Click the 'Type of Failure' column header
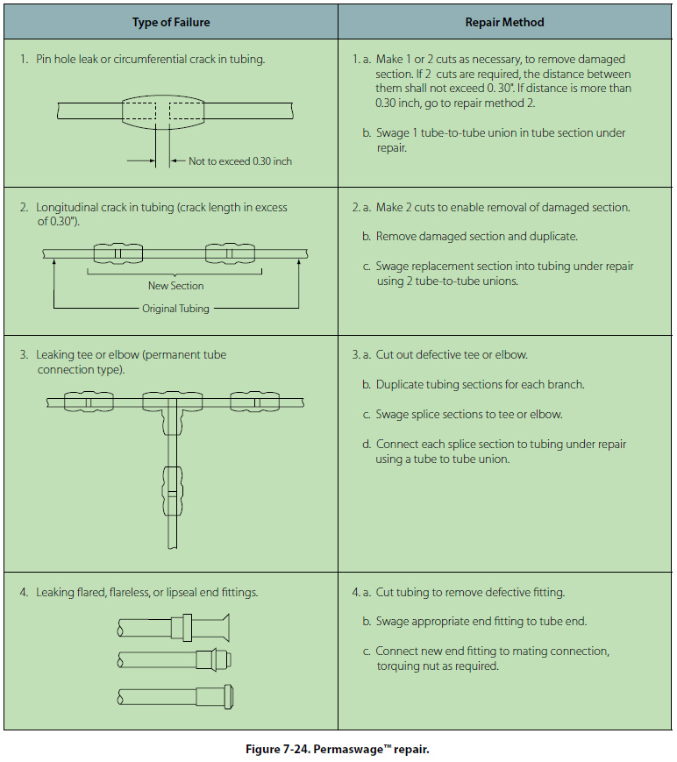[x=170, y=22]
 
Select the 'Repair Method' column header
[x=504, y=22]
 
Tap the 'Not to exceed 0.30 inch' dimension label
[x=240, y=161]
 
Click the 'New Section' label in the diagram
[x=175, y=286]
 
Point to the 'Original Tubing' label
[x=175, y=309]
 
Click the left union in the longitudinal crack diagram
[x=117, y=254]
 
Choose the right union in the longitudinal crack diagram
[x=229, y=254]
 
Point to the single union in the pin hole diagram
[x=162, y=110]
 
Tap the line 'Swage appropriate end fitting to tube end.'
[x=481, y=622]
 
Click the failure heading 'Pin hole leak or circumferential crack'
[x=150, y=60]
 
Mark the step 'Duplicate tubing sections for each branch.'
[x=480, y=385]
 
